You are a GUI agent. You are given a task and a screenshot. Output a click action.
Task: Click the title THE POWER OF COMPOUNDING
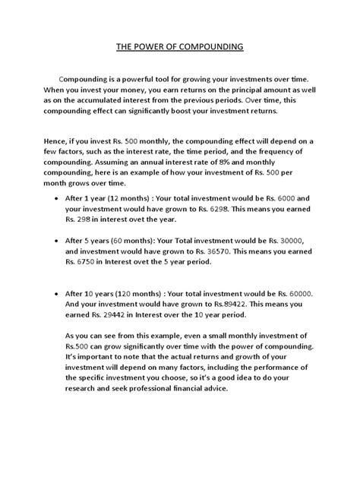pos(179,46)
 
